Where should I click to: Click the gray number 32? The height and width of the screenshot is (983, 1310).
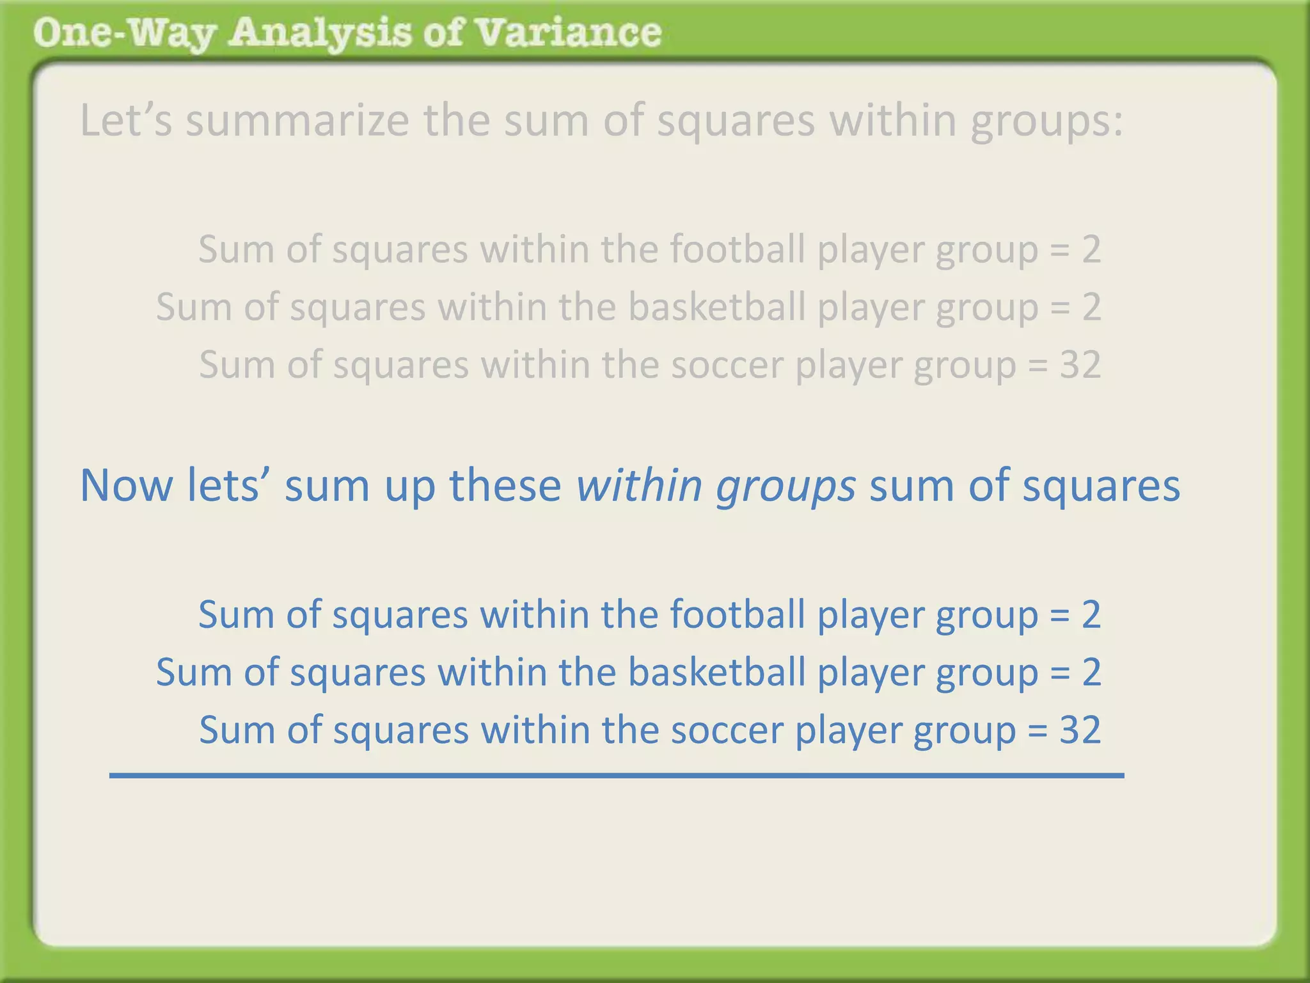click(1080, 365)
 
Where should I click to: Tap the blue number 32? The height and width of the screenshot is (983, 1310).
click(1080, 730)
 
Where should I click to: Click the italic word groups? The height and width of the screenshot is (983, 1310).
click(785, 486)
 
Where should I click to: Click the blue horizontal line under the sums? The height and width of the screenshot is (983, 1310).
click(617, 776)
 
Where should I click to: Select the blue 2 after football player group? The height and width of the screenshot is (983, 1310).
click(1091, 614)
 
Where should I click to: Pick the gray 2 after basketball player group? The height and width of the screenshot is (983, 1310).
click(1091, 307)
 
